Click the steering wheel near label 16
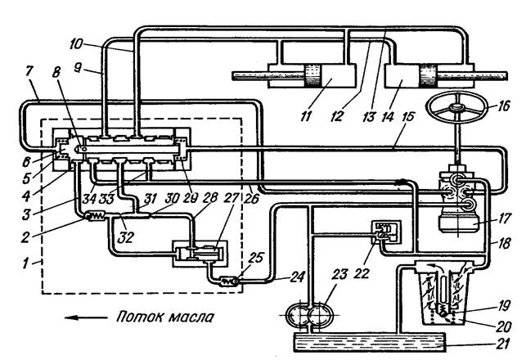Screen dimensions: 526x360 pos(456,106)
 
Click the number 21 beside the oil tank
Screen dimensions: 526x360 pos(501,344)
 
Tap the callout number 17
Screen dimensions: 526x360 pos(502,218)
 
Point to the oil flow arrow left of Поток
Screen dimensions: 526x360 pos(86,317)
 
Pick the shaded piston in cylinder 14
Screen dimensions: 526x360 pos(428,76)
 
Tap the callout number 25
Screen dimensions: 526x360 pos(255,259)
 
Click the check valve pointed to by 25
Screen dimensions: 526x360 pos(228,281)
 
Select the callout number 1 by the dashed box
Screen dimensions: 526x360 pos(25,263)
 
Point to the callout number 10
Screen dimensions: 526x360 pos(76,43)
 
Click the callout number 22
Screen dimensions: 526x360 pos(361,272)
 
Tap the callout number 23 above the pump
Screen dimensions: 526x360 pos(339,274)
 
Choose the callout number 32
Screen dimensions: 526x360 pos(126,237)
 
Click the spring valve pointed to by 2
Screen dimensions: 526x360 pos(97,216)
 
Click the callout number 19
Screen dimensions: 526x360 pos(502,306)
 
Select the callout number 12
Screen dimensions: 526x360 pos(336,116)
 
